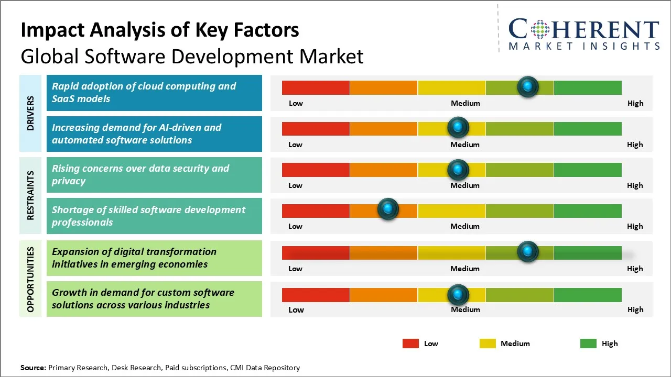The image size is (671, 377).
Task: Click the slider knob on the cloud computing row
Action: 528,86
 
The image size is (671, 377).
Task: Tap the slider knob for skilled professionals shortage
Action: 388,209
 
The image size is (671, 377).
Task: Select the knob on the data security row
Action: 458,169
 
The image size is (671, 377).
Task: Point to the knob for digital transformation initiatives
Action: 528,251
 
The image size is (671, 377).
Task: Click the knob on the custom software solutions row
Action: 458,294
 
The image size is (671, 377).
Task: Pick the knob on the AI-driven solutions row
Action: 458,127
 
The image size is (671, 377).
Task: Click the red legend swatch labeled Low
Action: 410,343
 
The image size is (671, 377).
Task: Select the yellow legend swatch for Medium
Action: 488,343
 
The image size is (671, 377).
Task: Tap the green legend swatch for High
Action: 588,343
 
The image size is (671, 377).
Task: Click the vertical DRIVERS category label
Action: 30,113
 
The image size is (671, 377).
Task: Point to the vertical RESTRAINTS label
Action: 30,195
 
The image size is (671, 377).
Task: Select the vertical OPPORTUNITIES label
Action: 30,280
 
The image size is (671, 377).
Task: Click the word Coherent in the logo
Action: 583,30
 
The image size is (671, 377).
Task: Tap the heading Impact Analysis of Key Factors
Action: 160,30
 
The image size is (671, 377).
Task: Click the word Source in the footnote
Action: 33,368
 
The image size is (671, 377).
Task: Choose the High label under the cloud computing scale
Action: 635,103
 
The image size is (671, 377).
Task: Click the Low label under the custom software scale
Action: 296,309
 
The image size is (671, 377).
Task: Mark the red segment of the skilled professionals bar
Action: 316,210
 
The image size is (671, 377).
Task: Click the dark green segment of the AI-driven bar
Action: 588,128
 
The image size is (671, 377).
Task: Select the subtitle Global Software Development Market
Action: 192,56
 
